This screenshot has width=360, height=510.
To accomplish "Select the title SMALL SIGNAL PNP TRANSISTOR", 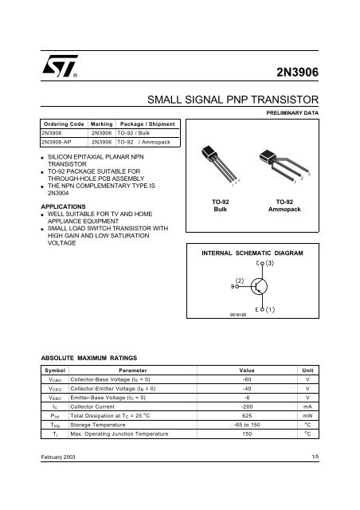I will pyautogui.click(x=234, y=101).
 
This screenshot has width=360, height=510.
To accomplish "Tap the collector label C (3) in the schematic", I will pyautogui.click(x=265, y=262).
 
